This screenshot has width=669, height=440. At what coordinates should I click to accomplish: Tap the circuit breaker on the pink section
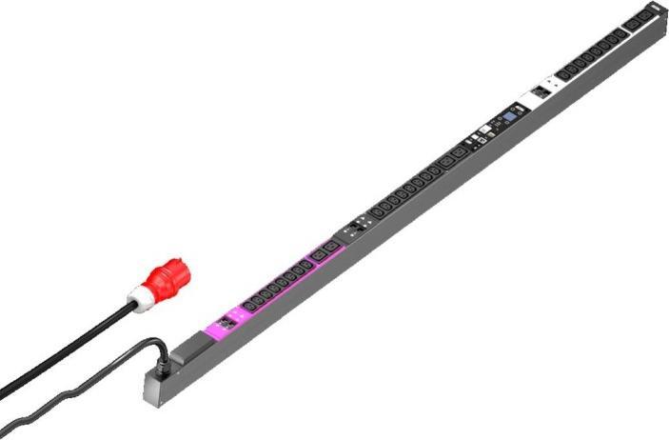coord(227,325)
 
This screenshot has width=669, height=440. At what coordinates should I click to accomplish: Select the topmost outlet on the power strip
coord(644,17)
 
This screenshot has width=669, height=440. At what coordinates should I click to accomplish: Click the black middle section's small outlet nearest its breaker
coord(380,211)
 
